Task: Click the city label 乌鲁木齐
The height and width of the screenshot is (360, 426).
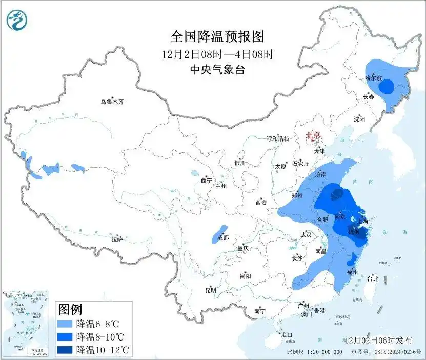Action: [112, 102]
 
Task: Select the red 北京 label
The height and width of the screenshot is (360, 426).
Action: [313, 136]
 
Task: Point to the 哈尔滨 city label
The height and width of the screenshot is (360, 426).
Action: [374, 78]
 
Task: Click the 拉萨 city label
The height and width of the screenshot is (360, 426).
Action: [117, 239]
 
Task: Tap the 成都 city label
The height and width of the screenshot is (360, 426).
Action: [222, 237]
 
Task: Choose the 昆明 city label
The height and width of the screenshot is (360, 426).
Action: [211, 290]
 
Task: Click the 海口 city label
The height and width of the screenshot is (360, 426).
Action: [287, 335]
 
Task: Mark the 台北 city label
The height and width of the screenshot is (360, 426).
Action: [373, 279]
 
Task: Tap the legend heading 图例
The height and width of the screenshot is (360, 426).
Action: [70, 310]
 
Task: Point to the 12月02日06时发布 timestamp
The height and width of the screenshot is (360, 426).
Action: [378, 341]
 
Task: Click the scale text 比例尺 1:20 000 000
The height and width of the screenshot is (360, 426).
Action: [315, 352]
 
